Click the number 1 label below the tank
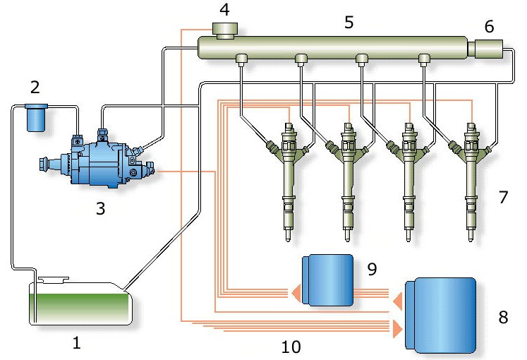[x=77, y=344]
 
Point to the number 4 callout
[x=224, y=11]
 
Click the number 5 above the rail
[x=348, y=22]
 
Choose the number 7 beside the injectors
[x=502, y=197]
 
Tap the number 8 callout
[x=502, y=317]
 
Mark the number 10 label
[x=291, y=347]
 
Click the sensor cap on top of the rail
[x=224, y=30]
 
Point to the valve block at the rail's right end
[x=487, y=49]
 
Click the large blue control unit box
[x=444, y=315]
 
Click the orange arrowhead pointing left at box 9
[x=292, y=289]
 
